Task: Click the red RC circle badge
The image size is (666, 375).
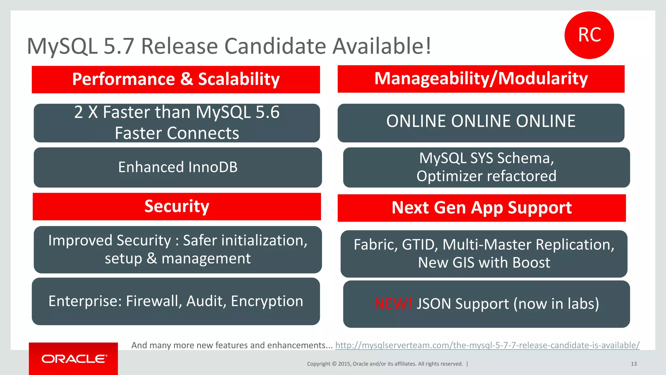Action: pyautogui.click(x=589, y=35)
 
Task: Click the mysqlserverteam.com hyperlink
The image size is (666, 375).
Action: pyautogui.click(x=487, y=345)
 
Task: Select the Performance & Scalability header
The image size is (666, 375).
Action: pyautogui.click(x=176, y=79)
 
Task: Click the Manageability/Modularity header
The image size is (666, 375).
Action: pyautogui.click(x=481, y=79)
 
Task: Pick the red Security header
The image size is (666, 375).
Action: pyautogui.click(x=177, y=206)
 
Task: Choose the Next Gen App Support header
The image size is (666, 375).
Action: pyautogui.click(x=482, y=208)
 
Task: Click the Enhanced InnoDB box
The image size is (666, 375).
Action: pyautogui.click(x=178, y=167)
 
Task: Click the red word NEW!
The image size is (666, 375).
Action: pyautogui.click(x=393, y=304)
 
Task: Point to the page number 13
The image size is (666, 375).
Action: pyautogui.click(x=633, y=364)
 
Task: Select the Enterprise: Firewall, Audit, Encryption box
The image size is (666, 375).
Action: pyautogui.click(x=176, y=301)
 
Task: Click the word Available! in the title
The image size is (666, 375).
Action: pyautogui.click(x=382, y=46)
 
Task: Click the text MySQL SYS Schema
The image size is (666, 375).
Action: pyautogui.click(x=486, y=158)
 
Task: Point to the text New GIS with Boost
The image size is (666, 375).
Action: pyautogui.click(x=484, y=263)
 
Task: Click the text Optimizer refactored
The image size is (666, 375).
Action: pyautogui.click(x=486, y=176)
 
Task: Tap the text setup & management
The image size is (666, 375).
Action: pyautogui.click(x=178, y=258)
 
